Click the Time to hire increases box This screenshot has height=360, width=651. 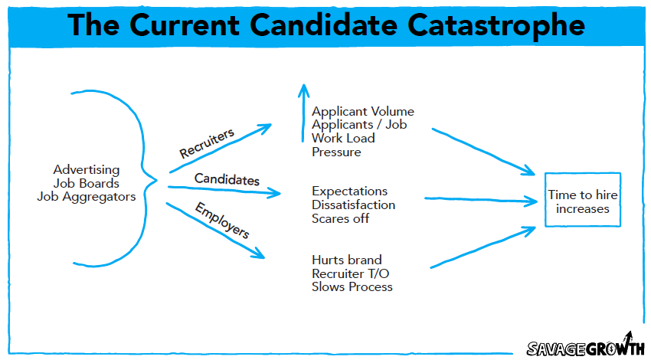click(582, 201)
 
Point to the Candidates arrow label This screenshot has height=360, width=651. click(227, 178)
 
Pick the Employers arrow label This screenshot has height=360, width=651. click(223, 220)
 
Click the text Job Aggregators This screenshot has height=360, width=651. click(87, 197)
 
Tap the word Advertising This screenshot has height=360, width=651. click(87, 169)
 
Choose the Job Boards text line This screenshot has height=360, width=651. click(87, 183)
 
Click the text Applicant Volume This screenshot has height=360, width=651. click(363, 111)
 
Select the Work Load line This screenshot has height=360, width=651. click(343, 138)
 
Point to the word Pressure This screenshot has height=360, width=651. click(336, 152)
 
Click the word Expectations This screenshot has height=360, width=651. click(349, 191)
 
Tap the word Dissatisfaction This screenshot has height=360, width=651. click(353, 205)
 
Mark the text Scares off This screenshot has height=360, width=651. click(339, 218)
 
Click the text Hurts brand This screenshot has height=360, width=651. click(346, 260)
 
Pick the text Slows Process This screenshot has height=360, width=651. click(352, 287)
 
